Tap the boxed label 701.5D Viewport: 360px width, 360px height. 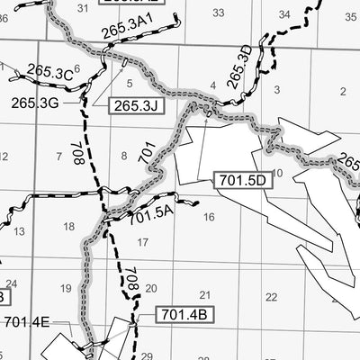[243, 180]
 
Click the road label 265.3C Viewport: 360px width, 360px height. [49, 71]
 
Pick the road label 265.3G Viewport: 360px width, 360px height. [35, 102]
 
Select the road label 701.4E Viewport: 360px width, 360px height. [27, 321]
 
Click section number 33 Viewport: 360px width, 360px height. [219, 12]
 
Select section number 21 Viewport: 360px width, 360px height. [205, 294]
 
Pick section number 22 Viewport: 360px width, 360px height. [271, 297]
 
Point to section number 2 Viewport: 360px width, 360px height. [343, 91]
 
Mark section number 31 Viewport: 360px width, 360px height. [84, 8]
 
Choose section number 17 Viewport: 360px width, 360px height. [142, 242]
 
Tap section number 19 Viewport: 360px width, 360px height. [65, 288]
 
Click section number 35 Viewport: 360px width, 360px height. [350, 15]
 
